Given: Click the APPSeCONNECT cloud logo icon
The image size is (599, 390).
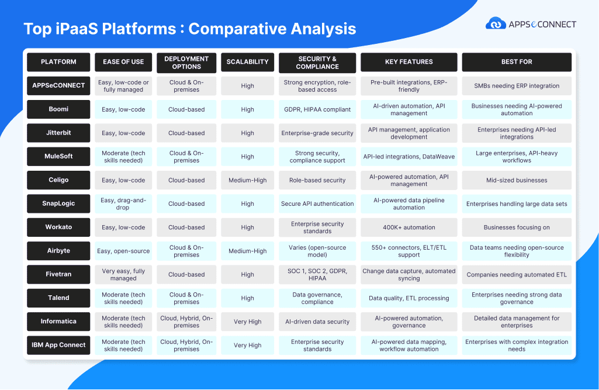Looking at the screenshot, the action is pyautogui.click(x=496, y=24).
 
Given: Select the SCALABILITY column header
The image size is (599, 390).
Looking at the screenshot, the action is pyautogui.click(x=248, y=62).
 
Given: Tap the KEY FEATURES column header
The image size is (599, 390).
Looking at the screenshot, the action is pyautogui.click(x=408, y=62).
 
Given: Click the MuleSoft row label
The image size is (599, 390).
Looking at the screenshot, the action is pyautogui.click(x=58, y=156).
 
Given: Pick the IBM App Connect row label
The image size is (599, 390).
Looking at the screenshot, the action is pyautogui.click(x=58, y=345).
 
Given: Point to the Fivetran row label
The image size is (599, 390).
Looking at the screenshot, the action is pyautogui.click(x=58, y=274).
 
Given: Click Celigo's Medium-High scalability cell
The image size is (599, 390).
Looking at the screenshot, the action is pyautogui.click(x=248, y=180).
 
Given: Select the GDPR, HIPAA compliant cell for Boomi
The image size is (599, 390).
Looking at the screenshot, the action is pyautogui.click(x=317, y=109).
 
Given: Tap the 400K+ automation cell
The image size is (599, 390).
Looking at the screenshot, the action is pyautogui.click(x=408, y=227).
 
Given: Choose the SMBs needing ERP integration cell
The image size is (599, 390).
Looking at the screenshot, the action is pyautogui.click(x=517, y=86).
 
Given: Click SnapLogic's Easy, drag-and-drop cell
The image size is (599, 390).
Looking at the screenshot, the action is pyautogui.click(x=123, y=204).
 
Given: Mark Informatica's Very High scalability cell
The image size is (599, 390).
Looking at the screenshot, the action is pyautogui.click(x=248, y=322).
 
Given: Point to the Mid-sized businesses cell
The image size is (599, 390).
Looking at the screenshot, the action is pyautogui.click(x=517, y=180).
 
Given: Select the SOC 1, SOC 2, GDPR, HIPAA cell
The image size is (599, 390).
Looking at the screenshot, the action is pyautogui.click(x=317, y=275).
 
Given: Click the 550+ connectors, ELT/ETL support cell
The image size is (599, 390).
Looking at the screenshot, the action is pyautogui.click(x=408, y=251).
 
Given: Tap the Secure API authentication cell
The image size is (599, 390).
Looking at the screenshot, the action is pyautogui.click(x=317, y=204).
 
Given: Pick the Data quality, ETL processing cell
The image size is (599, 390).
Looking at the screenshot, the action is pyautogui.click(x=408, y=298).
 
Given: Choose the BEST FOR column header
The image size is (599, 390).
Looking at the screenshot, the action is pyautogui.click(x=517, y=62).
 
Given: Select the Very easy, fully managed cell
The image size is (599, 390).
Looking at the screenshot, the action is pyautogui.click(x=123, y=275).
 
